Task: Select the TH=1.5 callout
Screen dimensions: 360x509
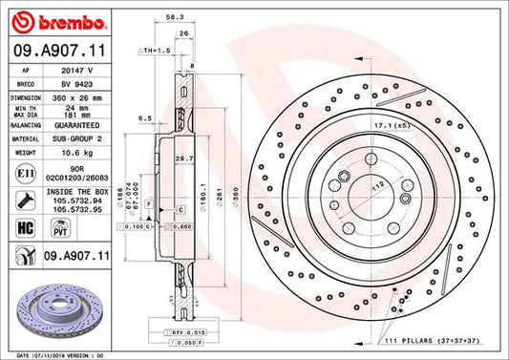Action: point(155,49)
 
